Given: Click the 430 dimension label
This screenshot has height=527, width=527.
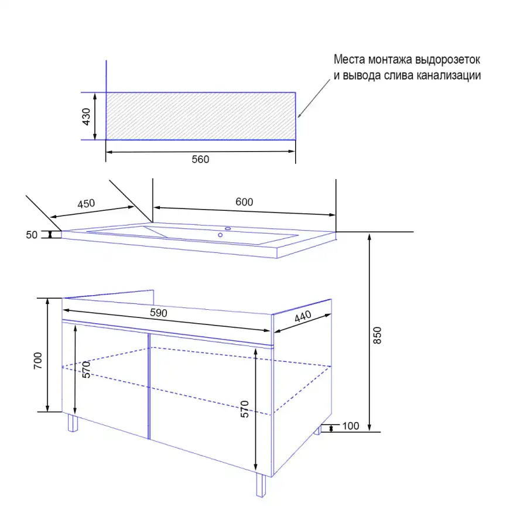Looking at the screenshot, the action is point(87,117).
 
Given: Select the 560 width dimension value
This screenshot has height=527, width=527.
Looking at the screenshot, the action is point(200,159).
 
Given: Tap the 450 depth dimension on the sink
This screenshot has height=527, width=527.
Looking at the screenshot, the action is point(86,204).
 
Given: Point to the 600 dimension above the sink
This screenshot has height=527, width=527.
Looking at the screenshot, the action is point(244,202).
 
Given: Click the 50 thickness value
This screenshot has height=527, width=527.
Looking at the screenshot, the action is point(32,235).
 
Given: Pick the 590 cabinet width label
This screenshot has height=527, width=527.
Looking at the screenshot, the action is point(159,313).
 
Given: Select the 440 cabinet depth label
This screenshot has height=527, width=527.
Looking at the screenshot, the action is point(303,316).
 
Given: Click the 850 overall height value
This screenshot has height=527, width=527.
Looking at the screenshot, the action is point(378,335).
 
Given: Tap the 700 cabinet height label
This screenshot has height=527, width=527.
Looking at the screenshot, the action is point(38,361).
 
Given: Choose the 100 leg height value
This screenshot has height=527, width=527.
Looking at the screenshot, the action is point(351,426).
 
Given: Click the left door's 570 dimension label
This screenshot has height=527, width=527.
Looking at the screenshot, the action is point(87,369).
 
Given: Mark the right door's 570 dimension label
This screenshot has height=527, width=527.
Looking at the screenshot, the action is point(245,409).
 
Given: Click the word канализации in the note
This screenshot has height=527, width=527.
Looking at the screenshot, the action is point(449,76).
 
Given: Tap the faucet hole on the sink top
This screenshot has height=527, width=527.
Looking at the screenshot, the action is point(228,228).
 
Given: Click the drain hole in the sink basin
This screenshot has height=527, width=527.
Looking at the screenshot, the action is point(220,235).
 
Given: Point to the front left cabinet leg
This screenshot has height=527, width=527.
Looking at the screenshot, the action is point(73,423).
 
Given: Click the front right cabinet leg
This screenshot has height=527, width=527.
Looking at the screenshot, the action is point(261,485).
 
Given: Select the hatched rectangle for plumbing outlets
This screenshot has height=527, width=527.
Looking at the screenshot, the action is point(201,116).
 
